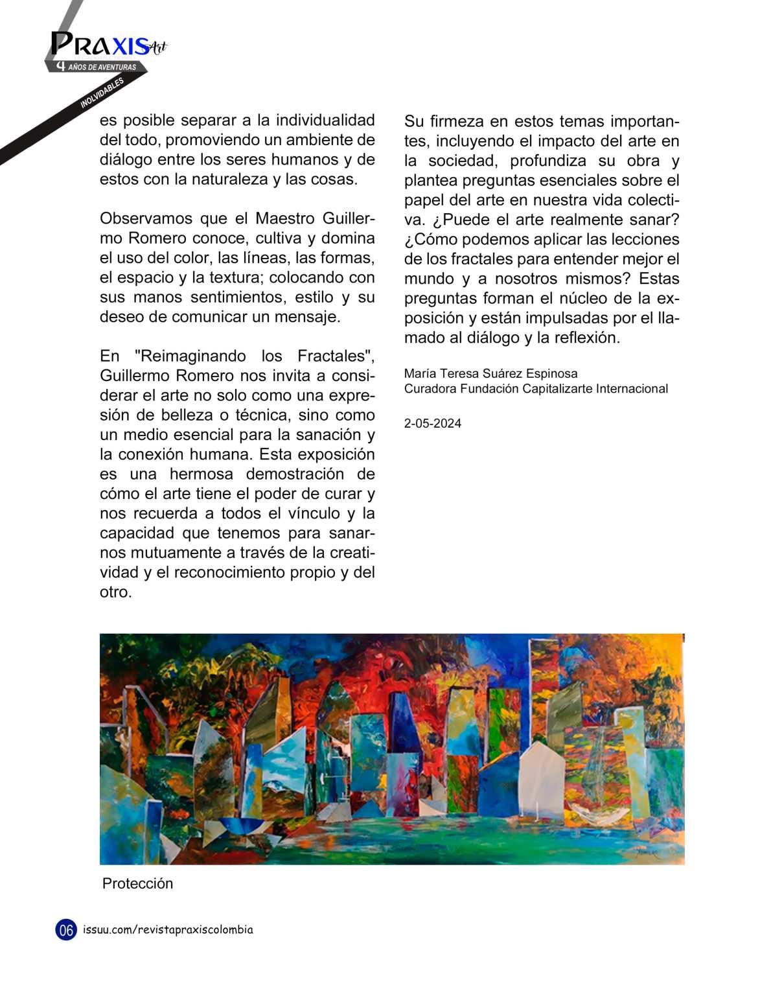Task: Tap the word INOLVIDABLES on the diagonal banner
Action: click(x=102, y=93)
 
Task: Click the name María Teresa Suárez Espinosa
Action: click(x=490, y=373)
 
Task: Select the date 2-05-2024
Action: click(x=432, y=424)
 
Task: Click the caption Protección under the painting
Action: click(x=137, y=884)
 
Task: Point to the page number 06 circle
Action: click(x=66, y=930)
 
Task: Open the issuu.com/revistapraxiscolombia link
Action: click(x=168, y=930)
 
